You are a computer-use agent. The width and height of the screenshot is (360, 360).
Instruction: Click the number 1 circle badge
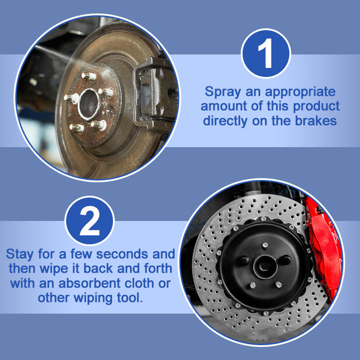pos(266,53)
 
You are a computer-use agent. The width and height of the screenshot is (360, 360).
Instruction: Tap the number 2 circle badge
pos(90,220)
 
